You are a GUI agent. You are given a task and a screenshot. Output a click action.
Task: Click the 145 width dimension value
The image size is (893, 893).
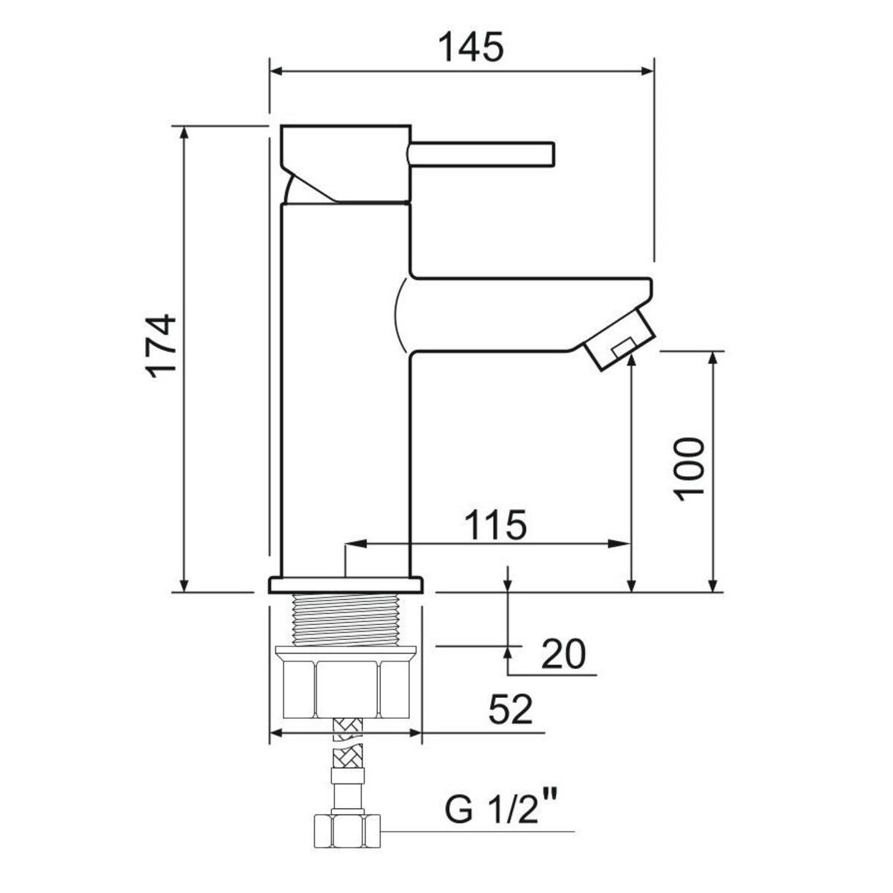(470, 47)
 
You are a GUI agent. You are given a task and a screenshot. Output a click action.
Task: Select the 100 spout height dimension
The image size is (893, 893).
(690, 469)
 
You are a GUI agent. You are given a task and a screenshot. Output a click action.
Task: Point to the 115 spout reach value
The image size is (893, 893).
(496, 525)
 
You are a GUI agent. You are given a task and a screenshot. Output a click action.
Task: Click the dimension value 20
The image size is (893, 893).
(563, 653)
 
